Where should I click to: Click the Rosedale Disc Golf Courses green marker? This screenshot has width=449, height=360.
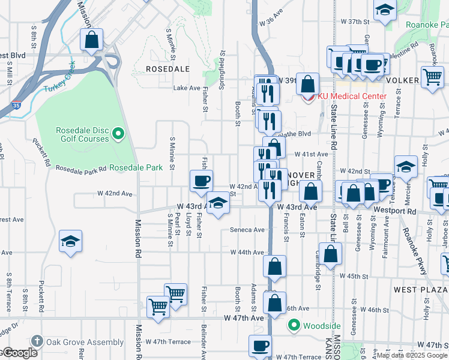tap(119, 133)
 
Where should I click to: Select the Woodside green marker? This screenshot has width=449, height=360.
tap(294, 326)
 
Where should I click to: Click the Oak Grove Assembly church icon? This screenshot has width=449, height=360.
tap(37, 342)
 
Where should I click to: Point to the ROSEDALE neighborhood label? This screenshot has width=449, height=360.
tap(167, 70)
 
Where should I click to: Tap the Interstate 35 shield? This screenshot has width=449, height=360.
tap(17, 105)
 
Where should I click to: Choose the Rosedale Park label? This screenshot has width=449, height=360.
tap(136, 167)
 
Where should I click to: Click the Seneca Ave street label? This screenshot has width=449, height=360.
tap(247, 230)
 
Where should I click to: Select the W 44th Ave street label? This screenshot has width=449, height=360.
tap(247, 253)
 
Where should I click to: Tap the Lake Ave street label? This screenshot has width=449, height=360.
tap(186, 88)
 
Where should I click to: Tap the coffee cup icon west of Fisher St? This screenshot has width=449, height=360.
tap(201, 180)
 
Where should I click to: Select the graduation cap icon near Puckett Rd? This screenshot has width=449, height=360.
tap(71, 242)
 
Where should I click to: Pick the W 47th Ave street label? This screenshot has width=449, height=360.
tap(244, 317)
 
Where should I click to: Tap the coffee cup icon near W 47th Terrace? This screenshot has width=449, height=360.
tap(261, 346)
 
